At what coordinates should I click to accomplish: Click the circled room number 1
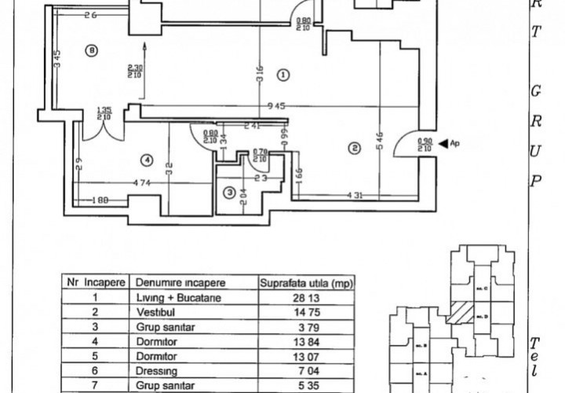[283, 75]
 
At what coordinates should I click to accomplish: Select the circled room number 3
[229, 192]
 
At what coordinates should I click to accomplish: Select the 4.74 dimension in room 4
[141, 183]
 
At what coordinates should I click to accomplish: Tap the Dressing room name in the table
[156, 369]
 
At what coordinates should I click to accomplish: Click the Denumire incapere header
[180, 282]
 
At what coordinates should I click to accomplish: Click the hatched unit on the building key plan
[459, 315]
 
